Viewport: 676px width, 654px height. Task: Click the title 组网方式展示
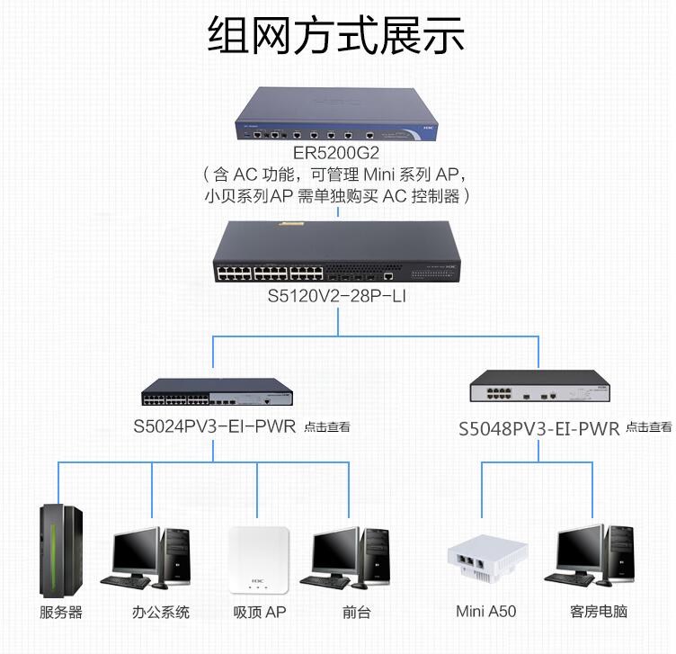coord(337,36)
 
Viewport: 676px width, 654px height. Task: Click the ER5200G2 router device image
coord(338,116)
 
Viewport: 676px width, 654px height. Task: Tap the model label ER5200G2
coord(337,153)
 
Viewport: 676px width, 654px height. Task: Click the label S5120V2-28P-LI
coord(337,296)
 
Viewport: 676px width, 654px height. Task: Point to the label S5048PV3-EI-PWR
coord(539,429)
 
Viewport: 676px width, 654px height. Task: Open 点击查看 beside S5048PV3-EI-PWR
coord(648,427)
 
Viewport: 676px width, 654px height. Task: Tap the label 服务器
coord(61,613)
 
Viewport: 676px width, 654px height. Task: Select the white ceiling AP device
coord(259,560)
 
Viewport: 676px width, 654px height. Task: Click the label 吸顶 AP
coord(259,613)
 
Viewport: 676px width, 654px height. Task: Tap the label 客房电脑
coord(599,612)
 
